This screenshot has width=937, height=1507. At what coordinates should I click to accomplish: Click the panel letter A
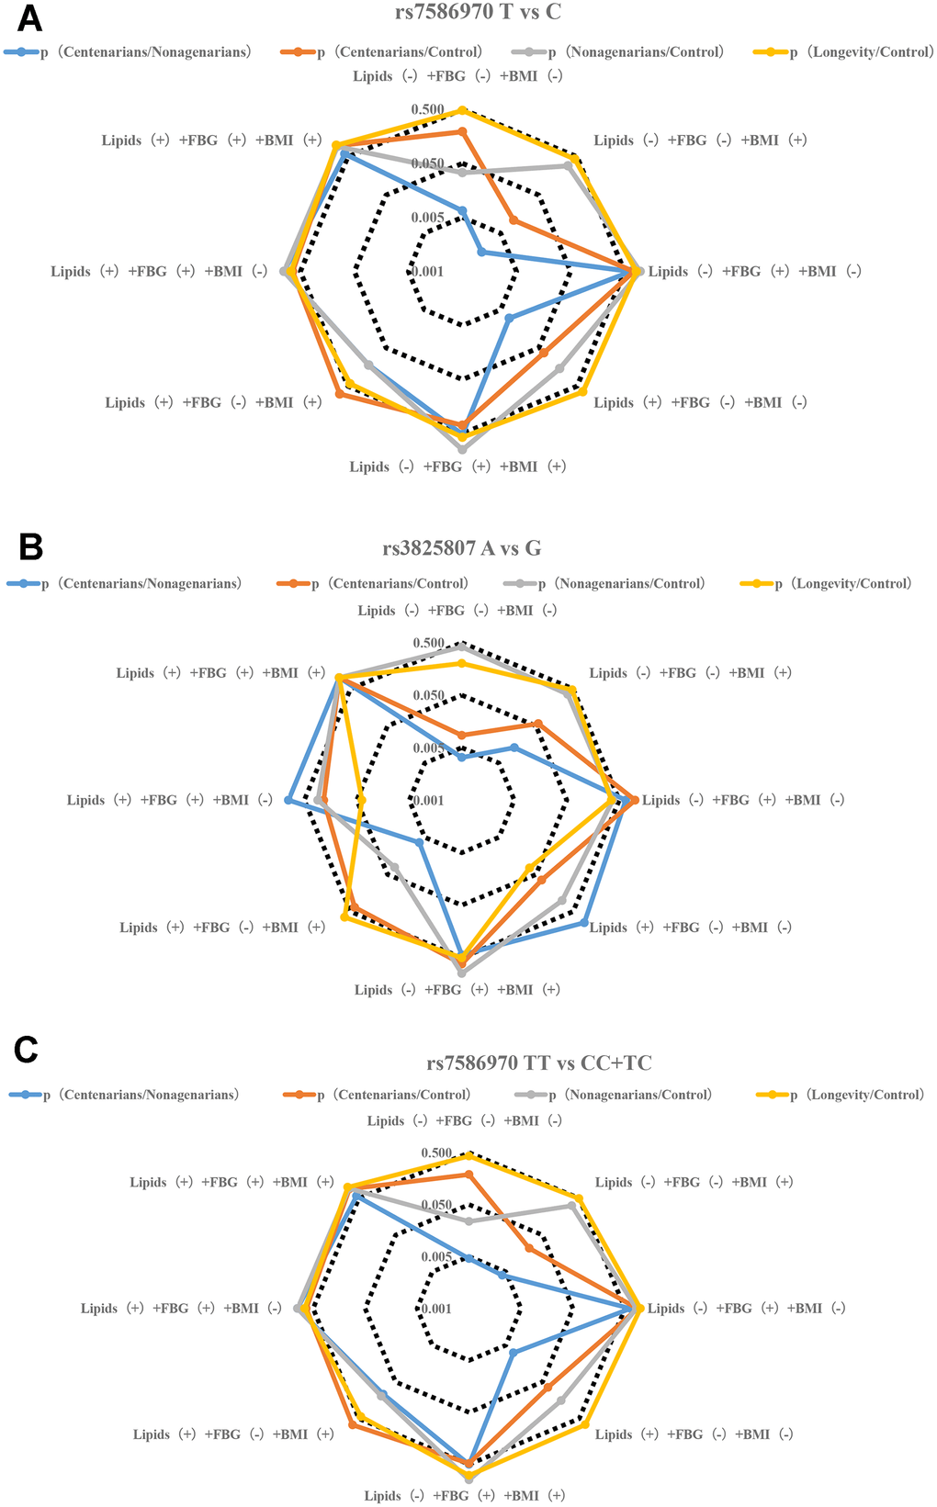[x=31, y=17]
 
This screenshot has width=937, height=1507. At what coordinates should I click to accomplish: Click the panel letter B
[x=31, y=547]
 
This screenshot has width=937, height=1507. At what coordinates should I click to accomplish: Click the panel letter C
[x=27, y=1050]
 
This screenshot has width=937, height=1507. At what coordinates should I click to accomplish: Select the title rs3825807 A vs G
[x=462, y=548]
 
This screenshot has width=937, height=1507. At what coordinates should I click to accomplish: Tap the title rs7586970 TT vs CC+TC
[x=539, y=1063]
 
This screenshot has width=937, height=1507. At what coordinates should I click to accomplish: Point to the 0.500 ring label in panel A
[x=427, y=110]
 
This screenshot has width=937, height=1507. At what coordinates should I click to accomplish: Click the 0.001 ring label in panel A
[x=427, y=272]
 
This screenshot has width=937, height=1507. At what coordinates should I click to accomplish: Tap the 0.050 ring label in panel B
[x=428, y=696]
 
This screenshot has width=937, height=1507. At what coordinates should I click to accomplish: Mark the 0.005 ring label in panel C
[x=436, y=1257]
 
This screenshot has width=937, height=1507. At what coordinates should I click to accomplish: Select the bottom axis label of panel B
[x=457, y=990]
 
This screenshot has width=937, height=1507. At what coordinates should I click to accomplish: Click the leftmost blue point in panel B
[x=288, y=801]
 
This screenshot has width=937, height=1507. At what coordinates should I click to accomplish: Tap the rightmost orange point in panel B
[x=634, y=801]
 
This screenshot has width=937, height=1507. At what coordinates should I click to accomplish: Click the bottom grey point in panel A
[x=462, y=450]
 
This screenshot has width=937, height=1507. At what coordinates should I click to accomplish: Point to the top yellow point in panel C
[x=468, y=1154]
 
